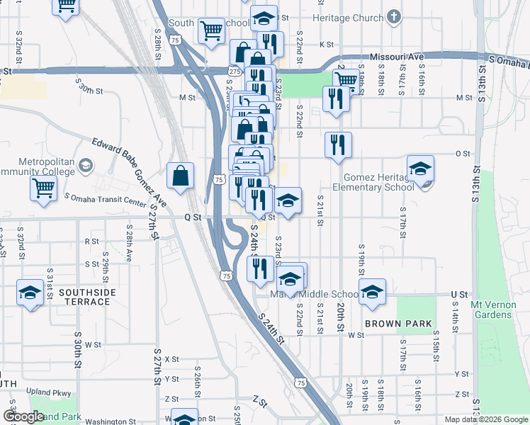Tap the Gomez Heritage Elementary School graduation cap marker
tap(420, 169)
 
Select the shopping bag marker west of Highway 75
tap(181, 176)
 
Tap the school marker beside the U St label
tap(371, 293)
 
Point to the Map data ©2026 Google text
tap(485, 419)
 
